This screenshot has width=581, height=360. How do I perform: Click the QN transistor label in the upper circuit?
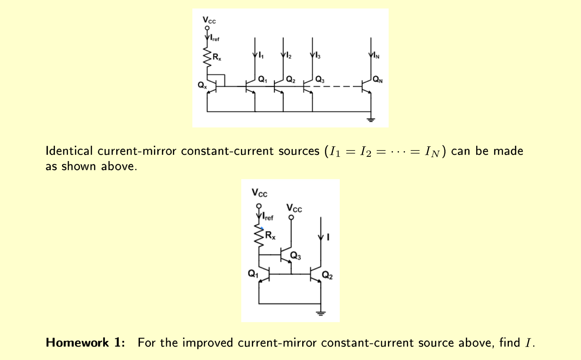(x=378, y=80)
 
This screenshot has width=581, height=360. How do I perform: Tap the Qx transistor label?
(x=202, y=85)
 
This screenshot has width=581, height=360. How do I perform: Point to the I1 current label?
(x=261, y=55)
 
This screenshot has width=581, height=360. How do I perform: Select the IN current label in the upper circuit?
(x=376, y=56)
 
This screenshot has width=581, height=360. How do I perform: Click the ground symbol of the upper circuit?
(x=371, y=119)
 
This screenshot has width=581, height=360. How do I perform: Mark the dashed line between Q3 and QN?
(x=337, y=86)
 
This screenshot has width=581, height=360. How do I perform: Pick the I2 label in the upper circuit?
(x=289, y=56)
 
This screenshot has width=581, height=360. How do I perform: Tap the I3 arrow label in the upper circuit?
(x=318, y=56)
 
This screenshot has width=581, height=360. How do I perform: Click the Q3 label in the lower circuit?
(x=295, y=256)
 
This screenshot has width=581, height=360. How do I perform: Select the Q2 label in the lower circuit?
(x=327, y=275)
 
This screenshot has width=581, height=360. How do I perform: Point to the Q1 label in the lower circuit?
(x=253, y=274)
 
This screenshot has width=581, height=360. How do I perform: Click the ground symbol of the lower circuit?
(x=321, y=313)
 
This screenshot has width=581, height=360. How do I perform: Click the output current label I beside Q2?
(x=328, y=237)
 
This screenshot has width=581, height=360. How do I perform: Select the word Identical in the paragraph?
(x=69, y=151)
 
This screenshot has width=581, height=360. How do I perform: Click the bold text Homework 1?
(x=85, y=343)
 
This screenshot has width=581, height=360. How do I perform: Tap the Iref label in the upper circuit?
(x=215, y=38)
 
